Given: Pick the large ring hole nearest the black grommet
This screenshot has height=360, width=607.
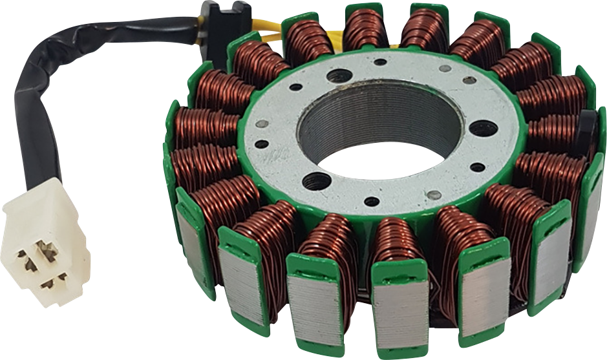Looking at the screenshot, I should [x=339, y=76].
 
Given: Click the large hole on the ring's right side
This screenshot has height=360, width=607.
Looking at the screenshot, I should [x=483, y=127].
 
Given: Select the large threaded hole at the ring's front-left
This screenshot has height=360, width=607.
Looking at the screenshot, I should [x=316, y=181].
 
